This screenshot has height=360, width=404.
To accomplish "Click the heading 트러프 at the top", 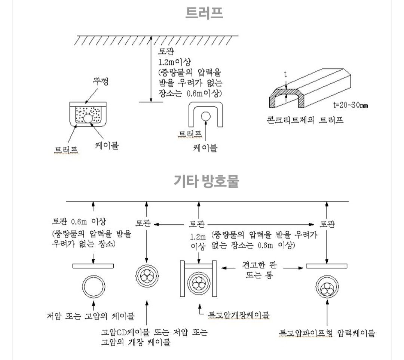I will pos(204,13).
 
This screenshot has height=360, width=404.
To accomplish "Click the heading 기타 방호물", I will pos(206,181).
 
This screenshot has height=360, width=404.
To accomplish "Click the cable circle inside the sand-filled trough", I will pos(88,118).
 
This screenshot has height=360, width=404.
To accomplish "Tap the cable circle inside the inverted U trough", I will pos(205,116).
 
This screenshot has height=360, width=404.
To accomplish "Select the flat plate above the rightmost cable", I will pos(327,266).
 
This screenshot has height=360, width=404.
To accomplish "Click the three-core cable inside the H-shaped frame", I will pos(198,286).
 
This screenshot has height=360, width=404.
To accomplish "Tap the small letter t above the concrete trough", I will pos(285,74).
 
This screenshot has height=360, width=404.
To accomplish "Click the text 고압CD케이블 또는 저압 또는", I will pos(154,332).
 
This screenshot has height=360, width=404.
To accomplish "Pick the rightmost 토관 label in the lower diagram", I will pos(327,224).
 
